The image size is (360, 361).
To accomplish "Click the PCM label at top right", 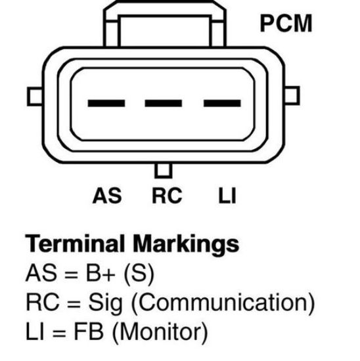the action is (286, 23).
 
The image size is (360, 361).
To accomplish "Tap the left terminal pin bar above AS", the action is (106, 103).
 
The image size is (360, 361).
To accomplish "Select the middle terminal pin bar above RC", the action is (164, 103).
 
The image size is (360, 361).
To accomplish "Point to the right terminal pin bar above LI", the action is (222, 103).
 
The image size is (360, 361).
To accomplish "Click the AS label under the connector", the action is (107, 196).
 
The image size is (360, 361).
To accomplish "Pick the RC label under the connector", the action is (167, 196).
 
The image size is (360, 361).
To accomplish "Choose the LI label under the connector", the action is (227, 196).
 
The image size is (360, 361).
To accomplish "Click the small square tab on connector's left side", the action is (35, 96).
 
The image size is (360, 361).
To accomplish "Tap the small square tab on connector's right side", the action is (292, 96).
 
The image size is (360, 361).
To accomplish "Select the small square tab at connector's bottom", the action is (164, 171).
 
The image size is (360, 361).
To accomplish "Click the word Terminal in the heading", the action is (75, 244).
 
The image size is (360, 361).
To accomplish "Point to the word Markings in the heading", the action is (186, 245).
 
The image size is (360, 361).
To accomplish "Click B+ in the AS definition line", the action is (101, 272).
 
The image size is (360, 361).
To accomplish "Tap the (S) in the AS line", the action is (139, 273).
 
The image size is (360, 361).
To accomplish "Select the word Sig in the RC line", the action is (105, 303).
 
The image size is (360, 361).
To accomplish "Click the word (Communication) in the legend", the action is (223, 302).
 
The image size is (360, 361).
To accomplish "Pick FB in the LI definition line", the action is (89, 331).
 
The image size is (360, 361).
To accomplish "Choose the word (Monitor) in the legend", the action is (160, 331).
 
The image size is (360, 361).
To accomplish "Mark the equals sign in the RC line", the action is (74, 304).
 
